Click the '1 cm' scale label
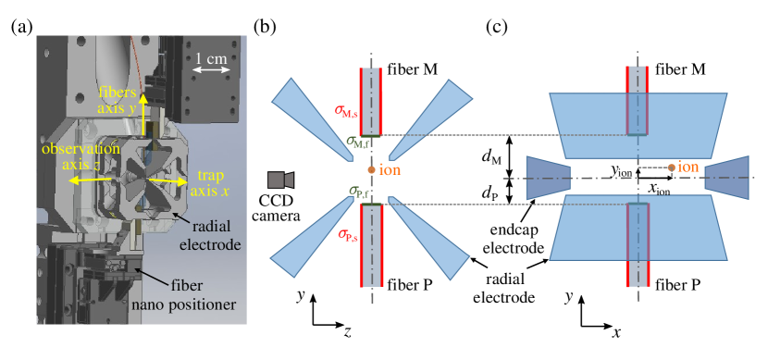click(x=210, y=58)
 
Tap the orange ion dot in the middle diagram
click(x=371, y=170)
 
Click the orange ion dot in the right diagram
click(x=671, y=168)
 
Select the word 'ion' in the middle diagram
click(x=390, y=170)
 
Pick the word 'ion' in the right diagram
click(x=687, y=167)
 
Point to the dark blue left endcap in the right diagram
click(x=546, y=178)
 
